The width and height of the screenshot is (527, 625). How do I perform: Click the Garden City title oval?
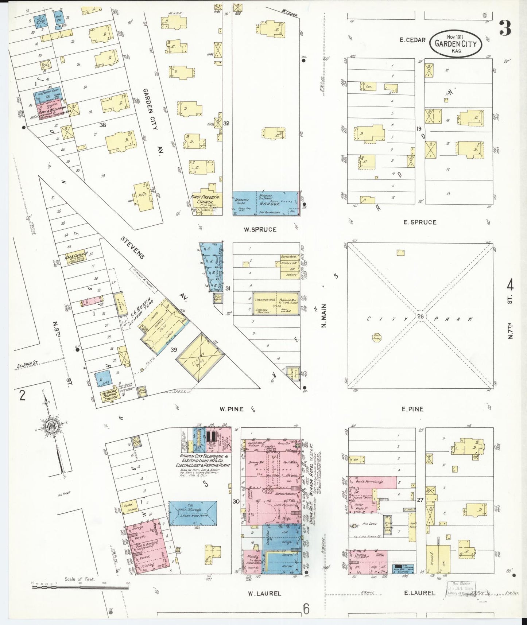point(456,44)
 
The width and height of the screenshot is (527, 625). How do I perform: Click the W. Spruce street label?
point(260,229)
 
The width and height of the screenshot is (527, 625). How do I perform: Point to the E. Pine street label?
point(412,409)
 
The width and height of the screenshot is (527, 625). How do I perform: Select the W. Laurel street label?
point(264,593)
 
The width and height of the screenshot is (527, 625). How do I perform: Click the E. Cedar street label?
point(412,40)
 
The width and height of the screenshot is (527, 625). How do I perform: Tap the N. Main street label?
point(323,316)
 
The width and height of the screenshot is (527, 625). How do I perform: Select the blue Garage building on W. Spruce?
point(266,203)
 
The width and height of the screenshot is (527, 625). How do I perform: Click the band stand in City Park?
point(377,338)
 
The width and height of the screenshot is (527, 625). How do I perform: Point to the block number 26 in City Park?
point(421,316)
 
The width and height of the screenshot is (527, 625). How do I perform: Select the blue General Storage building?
point(193,513)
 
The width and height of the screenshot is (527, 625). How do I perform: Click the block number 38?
point(103,125)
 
